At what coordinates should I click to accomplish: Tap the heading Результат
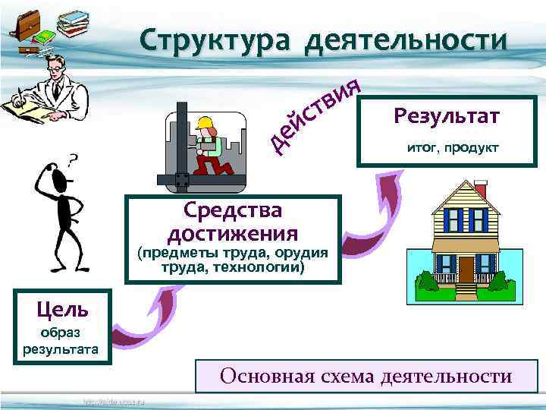point(447,116)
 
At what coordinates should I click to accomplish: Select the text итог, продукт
point(453,148)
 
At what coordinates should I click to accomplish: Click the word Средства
point(232,209)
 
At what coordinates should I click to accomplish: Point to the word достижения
point(232,232)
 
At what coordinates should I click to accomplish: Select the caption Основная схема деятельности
point(366,375)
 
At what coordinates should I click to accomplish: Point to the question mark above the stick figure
point(73,160)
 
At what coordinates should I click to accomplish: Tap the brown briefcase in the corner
point(26,27)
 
